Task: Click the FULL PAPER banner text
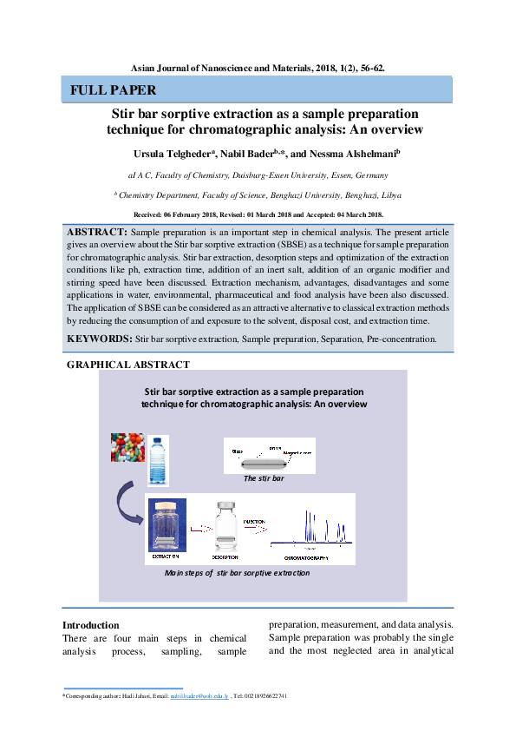tap(114, 90)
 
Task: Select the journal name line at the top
tap(258, 66)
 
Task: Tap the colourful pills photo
tap(127, 447)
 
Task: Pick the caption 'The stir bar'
tap(264, 478)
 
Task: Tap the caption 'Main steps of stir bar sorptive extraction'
tap(237, 573)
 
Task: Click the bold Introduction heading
tap(90, 625)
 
